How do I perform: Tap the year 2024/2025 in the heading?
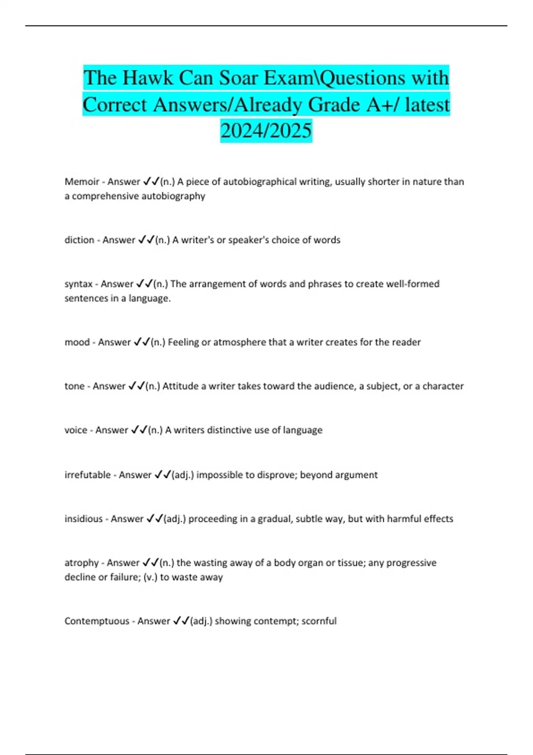point(266,131)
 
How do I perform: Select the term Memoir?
point(82,182)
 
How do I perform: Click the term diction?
point(79,240)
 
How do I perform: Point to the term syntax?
point(79,284)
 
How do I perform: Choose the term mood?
point(77,342)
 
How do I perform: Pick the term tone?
point(74,386)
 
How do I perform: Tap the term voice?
point(76,430)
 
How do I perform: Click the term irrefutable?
point(88,475)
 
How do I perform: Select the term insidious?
point(84,519)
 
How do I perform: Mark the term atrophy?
point(81,563)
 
